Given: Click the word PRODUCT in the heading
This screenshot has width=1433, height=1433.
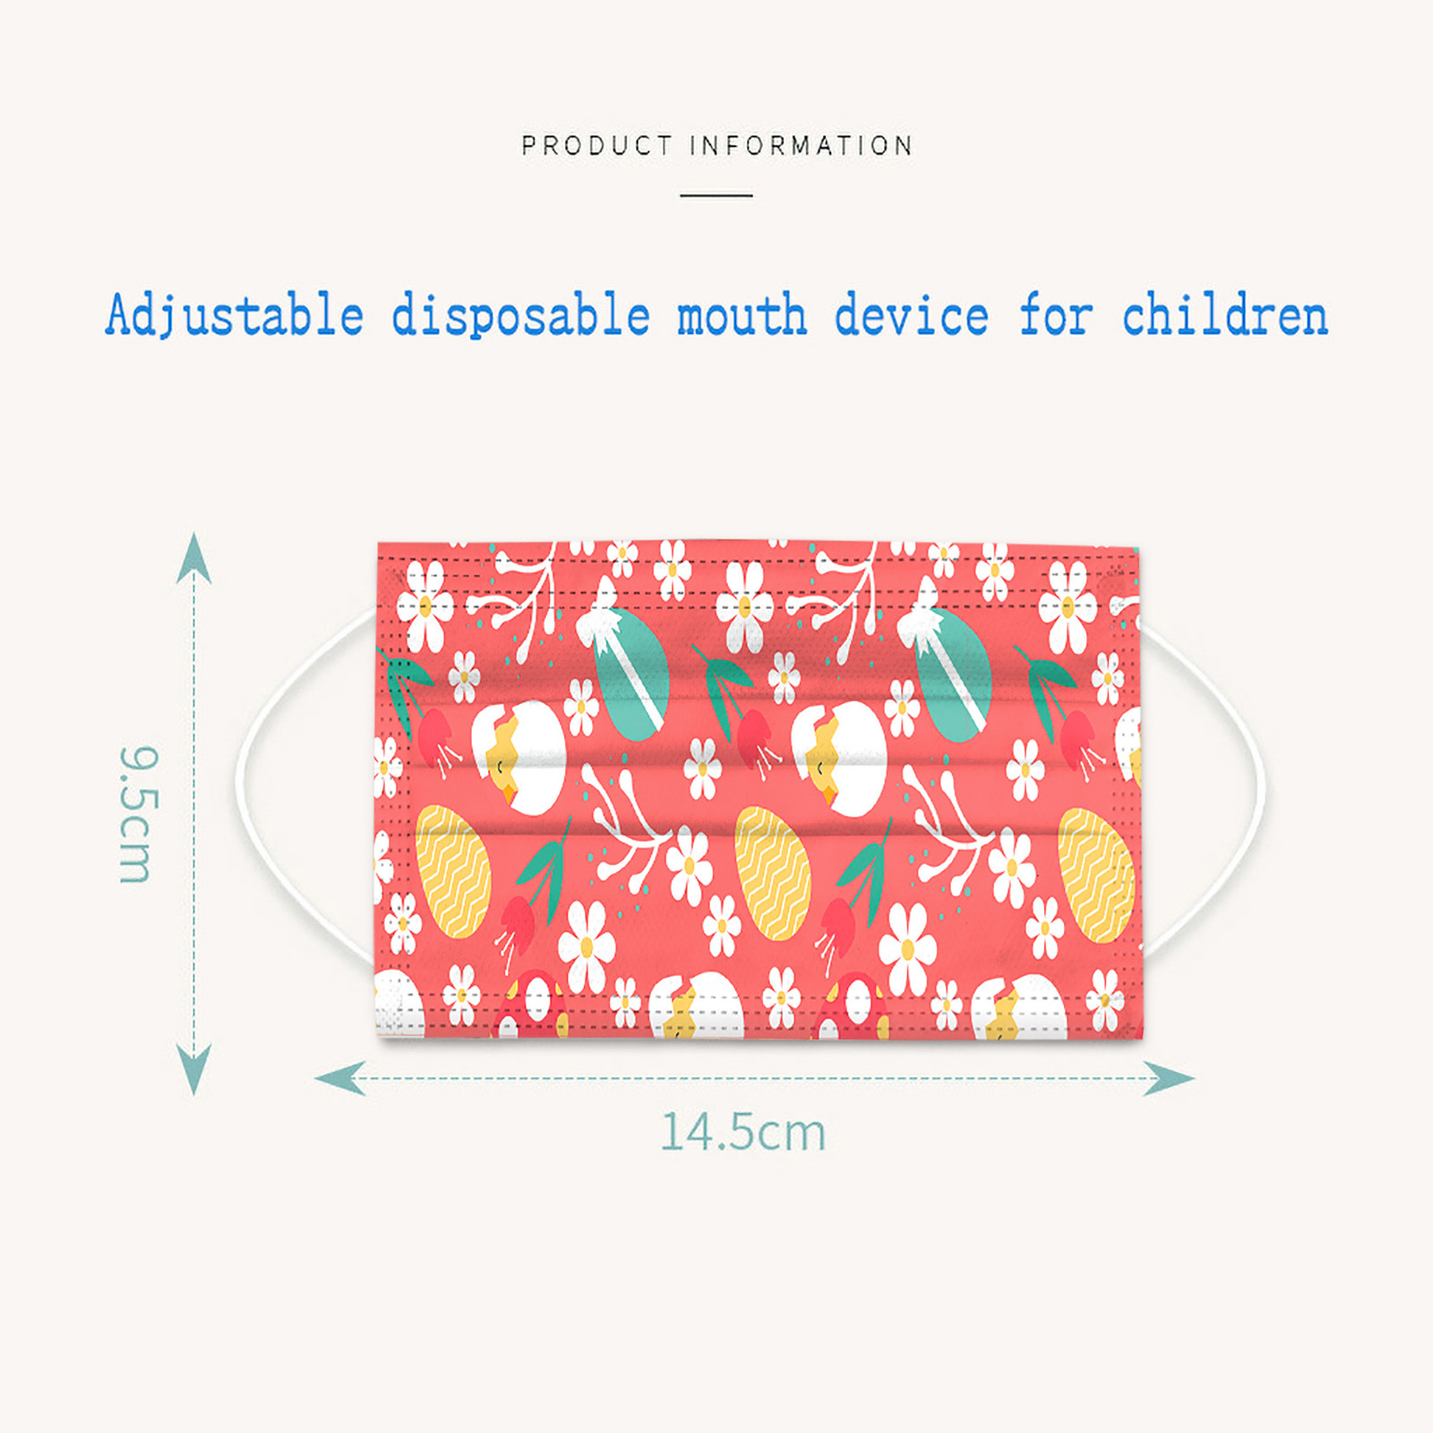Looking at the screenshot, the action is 596,145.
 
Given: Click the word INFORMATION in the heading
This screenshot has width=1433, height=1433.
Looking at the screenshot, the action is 802,145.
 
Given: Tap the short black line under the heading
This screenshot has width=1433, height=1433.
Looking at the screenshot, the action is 716,194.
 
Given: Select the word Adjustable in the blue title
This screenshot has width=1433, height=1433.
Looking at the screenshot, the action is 235,316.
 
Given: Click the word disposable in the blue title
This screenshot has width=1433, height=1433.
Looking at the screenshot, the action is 520,316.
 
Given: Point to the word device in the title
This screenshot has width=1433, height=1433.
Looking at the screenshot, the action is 911,316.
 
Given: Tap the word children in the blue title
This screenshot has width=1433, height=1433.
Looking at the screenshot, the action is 1225,316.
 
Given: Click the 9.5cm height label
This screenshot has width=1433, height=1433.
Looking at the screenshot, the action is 137,814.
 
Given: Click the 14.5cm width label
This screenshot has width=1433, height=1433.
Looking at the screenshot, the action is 743,1132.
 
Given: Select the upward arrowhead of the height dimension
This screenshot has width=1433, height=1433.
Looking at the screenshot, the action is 193,558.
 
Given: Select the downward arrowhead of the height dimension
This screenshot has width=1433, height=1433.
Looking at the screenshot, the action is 193,1069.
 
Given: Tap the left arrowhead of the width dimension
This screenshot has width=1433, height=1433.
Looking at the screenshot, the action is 340,1078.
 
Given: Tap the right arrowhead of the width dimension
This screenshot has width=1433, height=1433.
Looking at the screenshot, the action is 1169,1078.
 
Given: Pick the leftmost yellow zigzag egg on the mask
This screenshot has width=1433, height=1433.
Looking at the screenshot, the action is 453,871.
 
